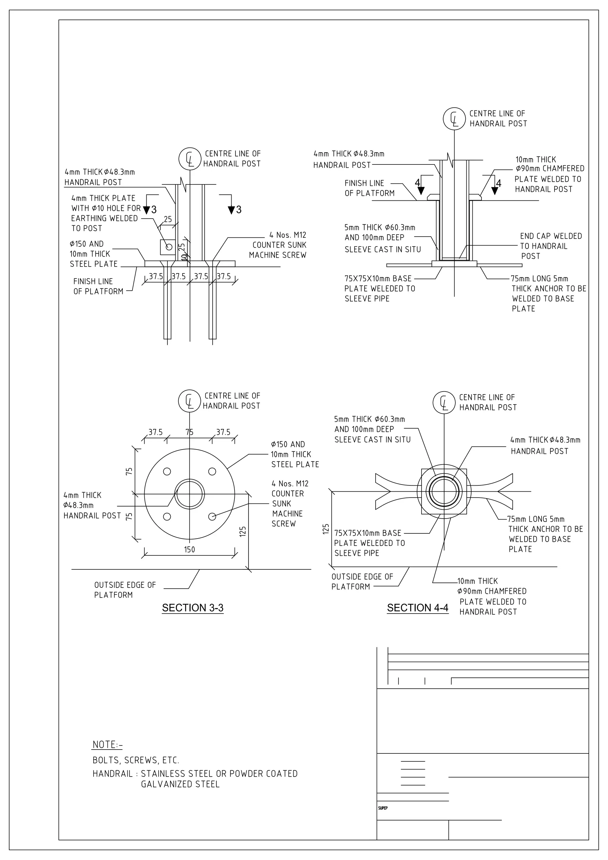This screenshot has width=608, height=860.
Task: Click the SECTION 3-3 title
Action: click(193, 608)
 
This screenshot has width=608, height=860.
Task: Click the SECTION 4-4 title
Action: click(417, 608)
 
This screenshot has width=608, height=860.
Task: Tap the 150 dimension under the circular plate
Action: click(190, 549)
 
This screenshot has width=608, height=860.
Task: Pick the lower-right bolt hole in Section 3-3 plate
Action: click(212, 517)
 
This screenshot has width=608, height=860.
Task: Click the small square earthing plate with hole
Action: click(168, 247)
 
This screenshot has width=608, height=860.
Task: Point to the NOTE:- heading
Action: click(107, 744)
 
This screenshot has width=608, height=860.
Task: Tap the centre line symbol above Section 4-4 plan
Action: click(444, 403)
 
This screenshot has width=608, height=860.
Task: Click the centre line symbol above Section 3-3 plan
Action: click(190, 401)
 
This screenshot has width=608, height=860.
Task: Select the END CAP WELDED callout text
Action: click(551, 236)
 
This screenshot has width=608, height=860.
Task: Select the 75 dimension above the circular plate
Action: click(190, 432)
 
